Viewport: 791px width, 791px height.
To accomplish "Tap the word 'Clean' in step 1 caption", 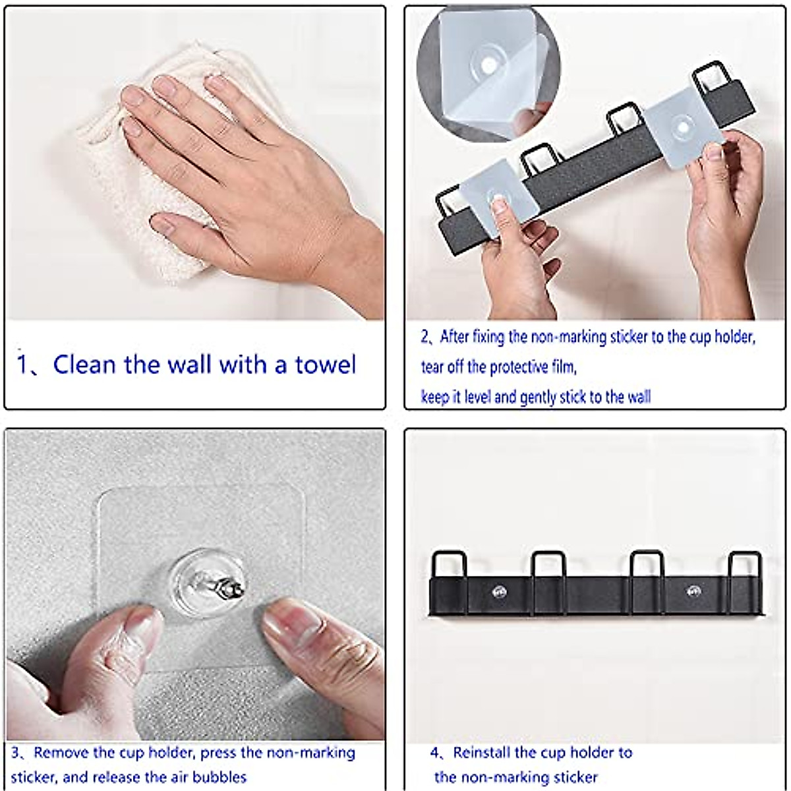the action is click(84, 364).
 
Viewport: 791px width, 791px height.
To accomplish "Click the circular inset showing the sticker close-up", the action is click(488, 74).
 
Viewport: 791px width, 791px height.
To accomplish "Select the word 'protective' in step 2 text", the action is click(520, 367).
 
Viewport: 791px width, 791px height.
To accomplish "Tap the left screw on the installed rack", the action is click(499, 591).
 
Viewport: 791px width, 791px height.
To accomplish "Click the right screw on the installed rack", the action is click(693, 591).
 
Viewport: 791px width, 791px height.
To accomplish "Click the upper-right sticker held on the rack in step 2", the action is click(684, 132).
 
